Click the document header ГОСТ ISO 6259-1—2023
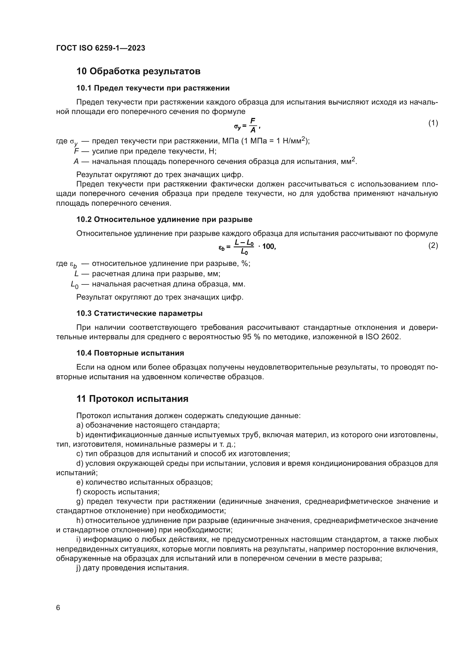(100, 48)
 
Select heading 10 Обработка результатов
(138, 71)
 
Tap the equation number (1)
(433, 123)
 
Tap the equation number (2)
(433, 246)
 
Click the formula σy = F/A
(247, 125)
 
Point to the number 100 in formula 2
(269, 247)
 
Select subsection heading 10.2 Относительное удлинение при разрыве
(164, 219)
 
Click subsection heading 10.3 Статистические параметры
(140, 313)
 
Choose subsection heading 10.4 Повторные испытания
(130, 353)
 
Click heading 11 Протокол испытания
(132, 399)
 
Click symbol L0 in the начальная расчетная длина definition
(75, 285)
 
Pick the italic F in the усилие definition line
(76, 151)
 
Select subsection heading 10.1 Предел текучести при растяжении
(153, 88)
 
